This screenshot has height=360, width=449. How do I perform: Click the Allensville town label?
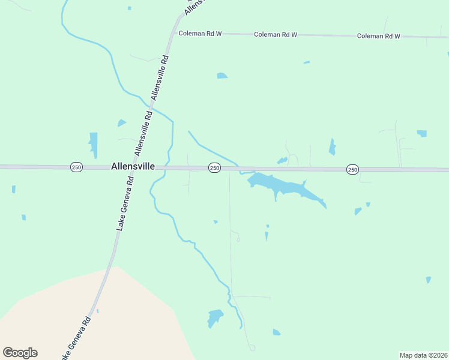133,166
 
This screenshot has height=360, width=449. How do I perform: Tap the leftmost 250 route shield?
76,166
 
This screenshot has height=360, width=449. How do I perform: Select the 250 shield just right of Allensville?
214,168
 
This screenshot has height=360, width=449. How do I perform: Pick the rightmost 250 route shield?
352,170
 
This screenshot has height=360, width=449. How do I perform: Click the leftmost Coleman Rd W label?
200,34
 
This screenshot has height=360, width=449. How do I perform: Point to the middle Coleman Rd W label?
276,35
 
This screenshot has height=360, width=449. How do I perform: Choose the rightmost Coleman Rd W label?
378,36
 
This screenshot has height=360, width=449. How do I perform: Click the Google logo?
20,352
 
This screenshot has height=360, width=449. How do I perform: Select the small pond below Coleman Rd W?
221,76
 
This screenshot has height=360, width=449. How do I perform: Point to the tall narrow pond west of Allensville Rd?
93,144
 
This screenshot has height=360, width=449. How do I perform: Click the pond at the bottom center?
214,317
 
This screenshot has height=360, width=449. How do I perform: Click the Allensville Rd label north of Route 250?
160,78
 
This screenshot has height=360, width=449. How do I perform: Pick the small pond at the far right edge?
428,280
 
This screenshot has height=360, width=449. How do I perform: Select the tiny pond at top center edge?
129,8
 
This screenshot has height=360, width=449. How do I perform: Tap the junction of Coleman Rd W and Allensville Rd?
173,33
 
